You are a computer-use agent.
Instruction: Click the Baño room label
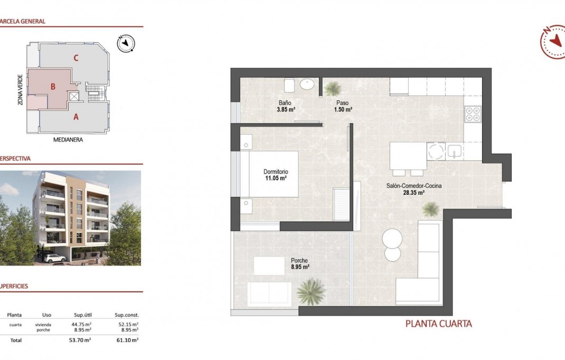coord(285,102)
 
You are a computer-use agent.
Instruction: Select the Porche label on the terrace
coord(299,260)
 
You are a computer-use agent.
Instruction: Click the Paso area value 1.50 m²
coord(343,109)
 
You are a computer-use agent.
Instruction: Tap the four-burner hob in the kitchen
coord(473,114)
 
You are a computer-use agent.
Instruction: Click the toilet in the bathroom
coord(289,85)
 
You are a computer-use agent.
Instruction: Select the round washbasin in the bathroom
coord(307,84)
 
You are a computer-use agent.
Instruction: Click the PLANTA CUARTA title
coord(438,324)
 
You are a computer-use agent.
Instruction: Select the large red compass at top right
coord(553,41)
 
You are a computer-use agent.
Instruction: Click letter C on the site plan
coord(76,58)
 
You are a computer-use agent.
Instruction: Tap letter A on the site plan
coord(76,117)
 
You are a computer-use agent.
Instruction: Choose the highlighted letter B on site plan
coord(53,87)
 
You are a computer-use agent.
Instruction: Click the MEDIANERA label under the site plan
coord(69,140)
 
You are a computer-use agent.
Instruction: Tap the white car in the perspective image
coord(54,258)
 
